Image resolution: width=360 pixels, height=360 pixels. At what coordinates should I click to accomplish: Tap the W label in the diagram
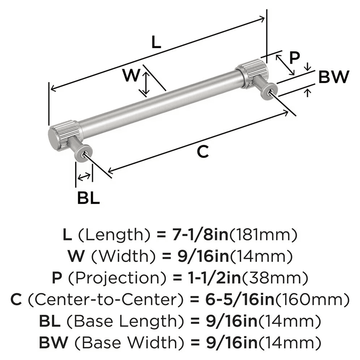pos(130,76)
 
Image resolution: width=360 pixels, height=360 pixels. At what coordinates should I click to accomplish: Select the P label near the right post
pos(295,58)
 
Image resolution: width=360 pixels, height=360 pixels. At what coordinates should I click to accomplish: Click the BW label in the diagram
pos(334,77)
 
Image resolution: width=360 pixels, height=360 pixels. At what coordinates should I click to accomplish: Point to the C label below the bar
pos(203,152)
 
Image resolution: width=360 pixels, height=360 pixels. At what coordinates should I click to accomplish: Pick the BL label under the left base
pos(89,198)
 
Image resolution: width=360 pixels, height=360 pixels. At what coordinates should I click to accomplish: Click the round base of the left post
pos(82,153)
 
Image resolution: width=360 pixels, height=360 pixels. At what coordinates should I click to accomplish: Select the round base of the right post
pos(270,91)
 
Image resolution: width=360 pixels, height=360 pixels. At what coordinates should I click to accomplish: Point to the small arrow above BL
pos(84,176)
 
